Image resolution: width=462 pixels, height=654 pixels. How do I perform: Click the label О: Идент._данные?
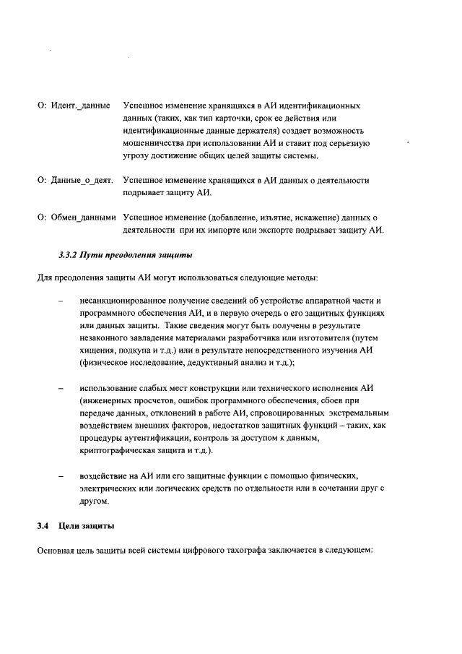pyautogui.click(x=73, y=106)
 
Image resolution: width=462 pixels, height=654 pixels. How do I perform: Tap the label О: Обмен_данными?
pyautogui.click(x=77, y=218)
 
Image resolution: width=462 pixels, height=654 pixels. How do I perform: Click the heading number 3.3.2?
pyautogui.click(x=70, y=255)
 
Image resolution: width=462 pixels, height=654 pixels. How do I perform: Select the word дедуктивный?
pyautogui.click(x=209, y=362)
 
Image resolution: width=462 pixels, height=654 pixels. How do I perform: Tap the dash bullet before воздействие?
pyautogui.click(x=61, y=476)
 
